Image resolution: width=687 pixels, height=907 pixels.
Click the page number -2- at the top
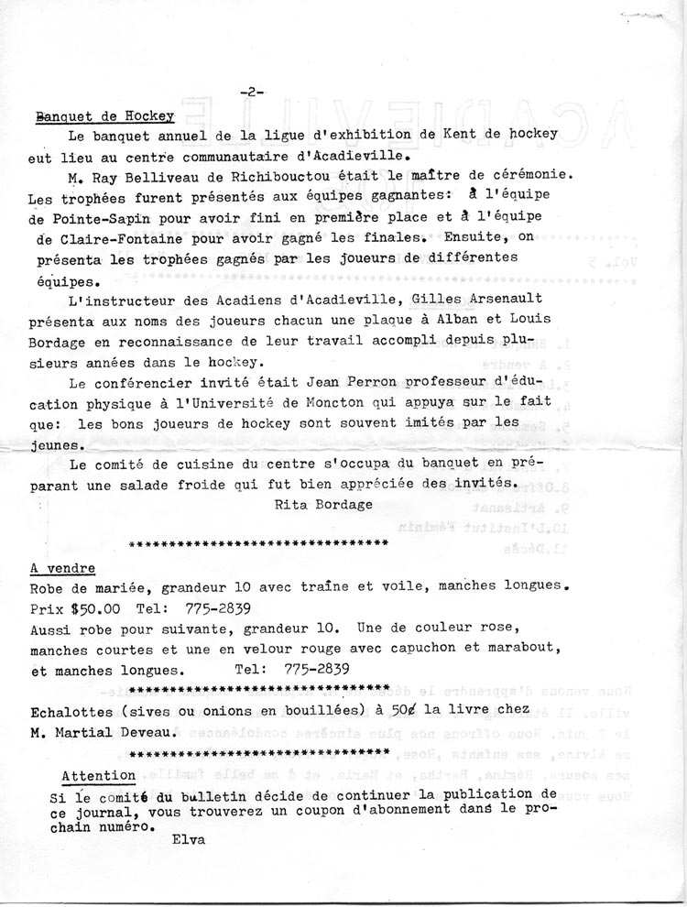(250, 92)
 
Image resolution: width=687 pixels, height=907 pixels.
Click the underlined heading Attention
(98, 776)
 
